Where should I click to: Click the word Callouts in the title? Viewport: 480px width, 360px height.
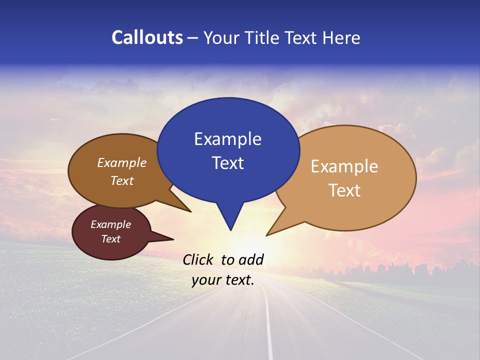click(x=147, y=37)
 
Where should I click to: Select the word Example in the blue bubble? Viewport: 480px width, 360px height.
click(x=227, y=139)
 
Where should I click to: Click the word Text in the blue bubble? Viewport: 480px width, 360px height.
click(x=227, y=163)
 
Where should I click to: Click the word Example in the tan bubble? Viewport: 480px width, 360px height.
click(x=344, y=166)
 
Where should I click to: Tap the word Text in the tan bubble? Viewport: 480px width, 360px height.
click(x=344, y=190)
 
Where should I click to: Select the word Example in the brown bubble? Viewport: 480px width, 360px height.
click(x=121, y=163)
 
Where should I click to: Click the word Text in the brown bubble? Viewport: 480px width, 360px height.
click(x=121, y=181)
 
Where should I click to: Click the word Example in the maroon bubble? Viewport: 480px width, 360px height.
click(x=110, y=224)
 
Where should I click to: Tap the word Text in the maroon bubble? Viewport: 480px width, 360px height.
click(x=110, y=239)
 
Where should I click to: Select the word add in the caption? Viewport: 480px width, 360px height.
click(x=250, y=259)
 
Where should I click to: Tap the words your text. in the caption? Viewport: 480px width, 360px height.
click(x=223, y=280)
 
